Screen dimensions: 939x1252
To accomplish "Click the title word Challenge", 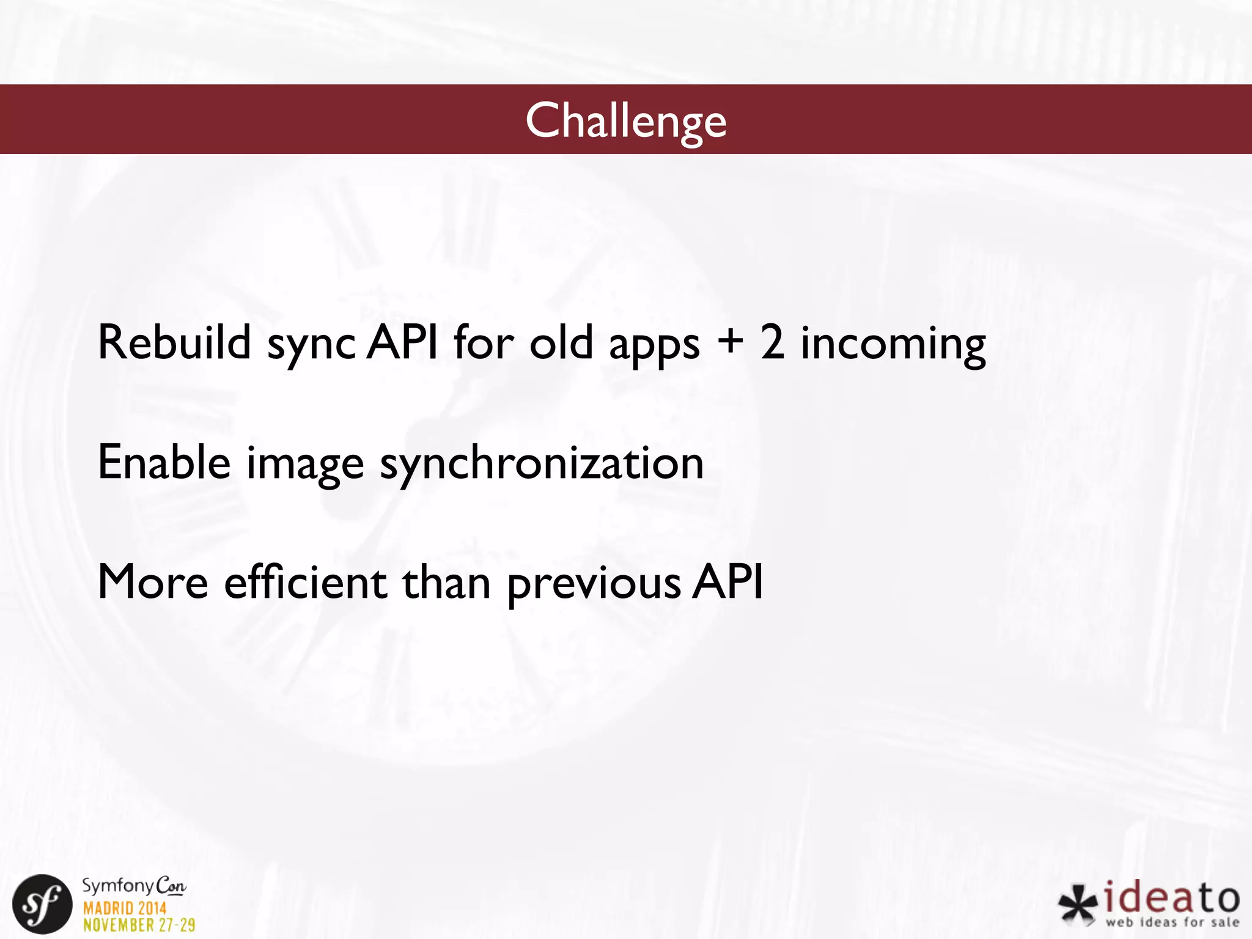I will pyautogui.click(x=625, y=120).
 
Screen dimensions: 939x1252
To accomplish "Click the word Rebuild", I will pyautogui.click(x=174, y=342).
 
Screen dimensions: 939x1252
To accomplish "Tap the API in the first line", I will pyautogui.click(x=403, y=342).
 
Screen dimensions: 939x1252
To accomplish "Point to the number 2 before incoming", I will pyautogui.click(x=772, y=342).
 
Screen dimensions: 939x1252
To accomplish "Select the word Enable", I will pyautogui.click(x=164, y=463).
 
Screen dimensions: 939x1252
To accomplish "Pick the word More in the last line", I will pyautogui.click(x=153, y=582).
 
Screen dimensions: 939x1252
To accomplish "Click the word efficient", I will pyautogui.click(x=305, y=582).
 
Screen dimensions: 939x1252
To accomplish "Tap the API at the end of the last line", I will pyautogui.click(x=727, y=582).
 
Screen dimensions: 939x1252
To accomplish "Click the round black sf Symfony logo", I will pyautogui.click(x=42, y=904).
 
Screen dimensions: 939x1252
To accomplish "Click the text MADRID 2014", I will pyautogui.click(x=125, y=908).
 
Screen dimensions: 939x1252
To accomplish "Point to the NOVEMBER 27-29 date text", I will pyautogui.click(x=139, y=925).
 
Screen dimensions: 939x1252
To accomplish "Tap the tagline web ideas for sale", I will pyautogui.click(x=1172, y=922).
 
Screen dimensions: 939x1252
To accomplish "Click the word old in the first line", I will pyautogui.click(x=561, y=342).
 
